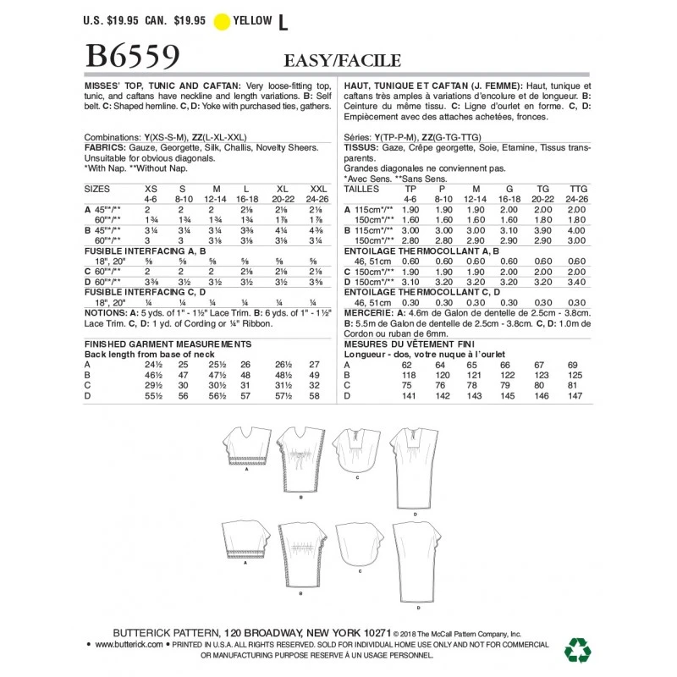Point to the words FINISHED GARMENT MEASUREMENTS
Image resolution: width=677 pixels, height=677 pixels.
[x=169, y=344]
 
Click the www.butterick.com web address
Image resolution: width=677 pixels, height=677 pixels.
[x=129, y=645]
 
